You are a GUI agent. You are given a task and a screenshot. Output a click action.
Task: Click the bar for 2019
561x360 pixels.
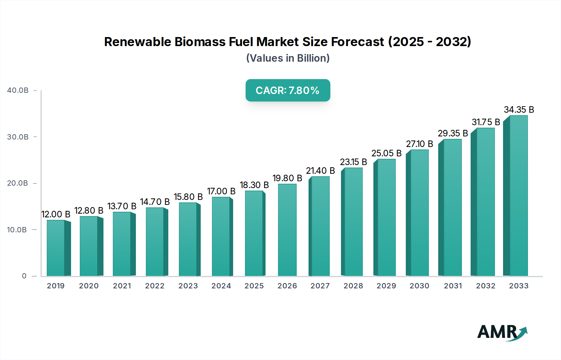click(x=56, y=248)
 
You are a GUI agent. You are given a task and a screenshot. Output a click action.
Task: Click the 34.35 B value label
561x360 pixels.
click(x=519, y=110)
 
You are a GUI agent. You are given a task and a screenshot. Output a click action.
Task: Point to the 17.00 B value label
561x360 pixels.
click(x=221, y=191)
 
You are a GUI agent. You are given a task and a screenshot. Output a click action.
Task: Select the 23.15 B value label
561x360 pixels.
click(x=353, y=162)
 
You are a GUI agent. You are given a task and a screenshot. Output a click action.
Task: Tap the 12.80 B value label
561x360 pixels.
click(x=89, y=211)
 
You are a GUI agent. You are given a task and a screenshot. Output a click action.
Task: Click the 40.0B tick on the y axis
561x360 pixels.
click(x=18, y=90)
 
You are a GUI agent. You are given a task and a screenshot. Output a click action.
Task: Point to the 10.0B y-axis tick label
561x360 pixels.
click(x=17, y=230)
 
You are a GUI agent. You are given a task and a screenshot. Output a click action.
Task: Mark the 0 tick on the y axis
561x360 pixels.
click(x=24, y=276)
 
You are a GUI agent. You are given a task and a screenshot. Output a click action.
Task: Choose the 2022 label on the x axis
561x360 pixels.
click(x=155, y=286)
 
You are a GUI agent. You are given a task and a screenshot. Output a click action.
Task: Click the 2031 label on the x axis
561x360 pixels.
click(x=453, y=286)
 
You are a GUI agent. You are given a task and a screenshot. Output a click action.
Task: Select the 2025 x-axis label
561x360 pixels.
click(x=254, y=286)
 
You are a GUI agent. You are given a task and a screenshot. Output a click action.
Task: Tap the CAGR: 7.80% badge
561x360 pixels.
click(x=288, y=90)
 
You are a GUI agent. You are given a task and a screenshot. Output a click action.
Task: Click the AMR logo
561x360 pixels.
click(x=502, y=332)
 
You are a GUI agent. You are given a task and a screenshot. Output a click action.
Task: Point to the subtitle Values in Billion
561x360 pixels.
click(x=288, y=58)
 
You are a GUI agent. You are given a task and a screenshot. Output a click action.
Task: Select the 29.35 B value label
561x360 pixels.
click(x=453, y=133)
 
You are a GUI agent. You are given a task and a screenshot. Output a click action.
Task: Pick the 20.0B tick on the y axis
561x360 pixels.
click(x=18, y=183)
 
